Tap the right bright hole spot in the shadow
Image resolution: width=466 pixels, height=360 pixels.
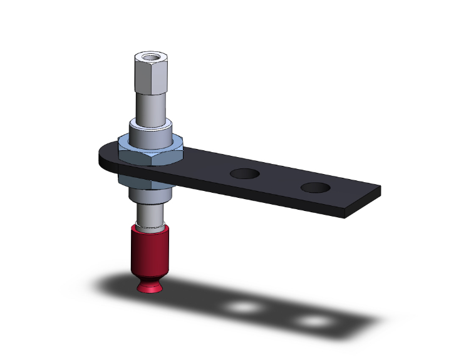[x=313, y=322]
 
